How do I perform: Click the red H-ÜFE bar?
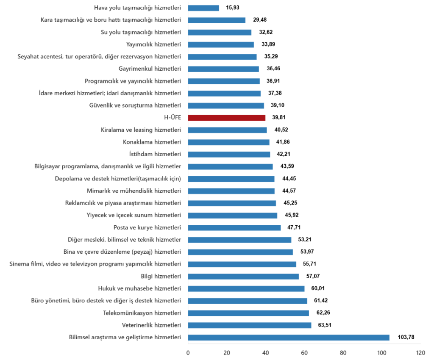click(227, 118)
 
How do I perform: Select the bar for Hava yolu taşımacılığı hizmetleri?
click(203, 8)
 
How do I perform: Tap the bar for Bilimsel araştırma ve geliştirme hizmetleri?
click(289, 338)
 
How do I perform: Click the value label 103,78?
click(406, 338)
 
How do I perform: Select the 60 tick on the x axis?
click(304, 352)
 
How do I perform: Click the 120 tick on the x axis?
click(420, 352)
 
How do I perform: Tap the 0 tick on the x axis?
click(188, 352)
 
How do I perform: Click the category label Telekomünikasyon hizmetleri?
click(142, 313)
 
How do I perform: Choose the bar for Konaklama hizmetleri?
click(229, 142)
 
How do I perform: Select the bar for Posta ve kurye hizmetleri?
click(234, 227)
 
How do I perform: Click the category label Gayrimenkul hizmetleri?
click(150, 69)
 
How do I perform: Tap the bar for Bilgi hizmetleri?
click(243, 277)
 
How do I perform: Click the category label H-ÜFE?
click(172, 118)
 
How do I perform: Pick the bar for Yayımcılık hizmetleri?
click(221, 44)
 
